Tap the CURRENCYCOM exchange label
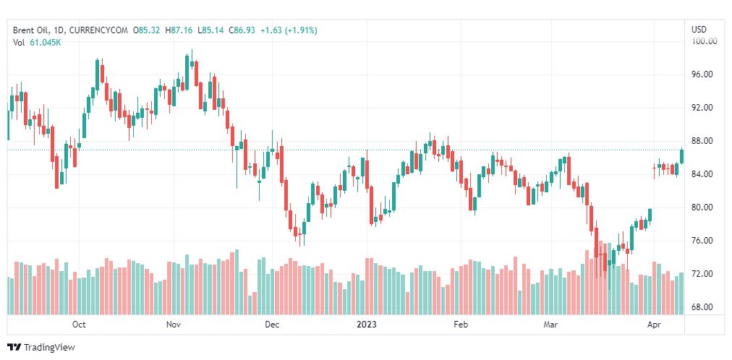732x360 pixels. (99, 30)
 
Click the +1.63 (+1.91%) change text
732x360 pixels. (289, 30)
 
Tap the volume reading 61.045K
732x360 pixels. (46, 43)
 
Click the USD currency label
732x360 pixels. (699, 30)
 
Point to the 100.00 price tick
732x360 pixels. (704, 41)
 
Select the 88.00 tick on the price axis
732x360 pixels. (704, 141)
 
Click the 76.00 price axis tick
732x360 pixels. (704, 241)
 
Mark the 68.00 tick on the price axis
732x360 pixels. (704, 307)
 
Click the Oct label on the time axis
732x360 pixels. (79, 325)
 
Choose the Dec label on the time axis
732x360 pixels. (271, 325)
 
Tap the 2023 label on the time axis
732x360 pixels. (367, 325)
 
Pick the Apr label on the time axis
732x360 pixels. (655, 325)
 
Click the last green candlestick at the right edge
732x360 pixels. (681, 155)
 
